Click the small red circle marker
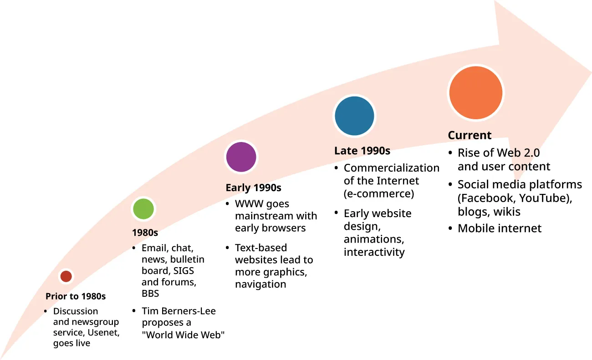[x=66, y=276]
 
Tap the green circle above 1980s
[x=143, y=209]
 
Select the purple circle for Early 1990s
[x=241, y=157]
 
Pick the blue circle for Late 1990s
[x=354, y=116]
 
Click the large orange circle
[x=475, y=92]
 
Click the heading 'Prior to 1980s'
[x=76, y=296]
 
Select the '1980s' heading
[x=145, y=233]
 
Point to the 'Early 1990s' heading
[x=253, y=188]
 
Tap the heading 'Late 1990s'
[x=362, y=151]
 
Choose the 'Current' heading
[x=470, y=135]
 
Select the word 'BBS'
[x=150, y=294]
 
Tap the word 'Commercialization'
[x=391, y=168]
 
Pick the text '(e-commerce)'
[x=379, y=193]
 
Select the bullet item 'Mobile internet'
[x=500, y=228]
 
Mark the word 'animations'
[x=373, y=239]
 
